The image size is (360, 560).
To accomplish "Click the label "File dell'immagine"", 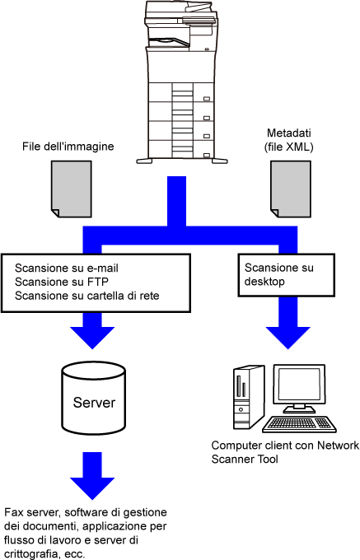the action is click(x=68, y=147).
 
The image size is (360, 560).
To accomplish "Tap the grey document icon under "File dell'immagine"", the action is click(x=72, y=189).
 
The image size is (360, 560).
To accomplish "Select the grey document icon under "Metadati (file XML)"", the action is click(x=290, y=189).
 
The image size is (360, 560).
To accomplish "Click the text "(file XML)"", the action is click(x=289, y=147).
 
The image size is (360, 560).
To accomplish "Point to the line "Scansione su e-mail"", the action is click(x=67, y=268).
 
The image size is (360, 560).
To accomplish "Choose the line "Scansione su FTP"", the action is click(x=62, y=282).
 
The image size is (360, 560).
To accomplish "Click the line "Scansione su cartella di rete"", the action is click(x=87, y=296).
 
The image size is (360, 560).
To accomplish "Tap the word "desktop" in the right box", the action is click(x=264, y=282).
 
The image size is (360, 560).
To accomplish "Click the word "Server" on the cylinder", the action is click(x=94, y=403).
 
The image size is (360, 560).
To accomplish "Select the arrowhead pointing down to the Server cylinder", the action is click(x=92, y=337).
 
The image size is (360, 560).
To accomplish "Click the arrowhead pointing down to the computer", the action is click(x=288, y=337).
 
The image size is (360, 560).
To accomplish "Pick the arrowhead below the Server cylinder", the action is click(x=92, y=488).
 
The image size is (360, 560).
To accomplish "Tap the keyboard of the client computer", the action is click(x=299, y=424).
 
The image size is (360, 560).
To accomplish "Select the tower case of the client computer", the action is click(x=249, y=397).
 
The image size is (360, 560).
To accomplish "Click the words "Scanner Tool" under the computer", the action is click(x=245, y=459).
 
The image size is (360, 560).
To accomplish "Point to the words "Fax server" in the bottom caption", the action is click(x=31, y=512).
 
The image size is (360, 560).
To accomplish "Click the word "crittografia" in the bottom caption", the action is click(x=30, y=554).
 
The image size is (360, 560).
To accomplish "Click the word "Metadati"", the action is click(x=289, y=133).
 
